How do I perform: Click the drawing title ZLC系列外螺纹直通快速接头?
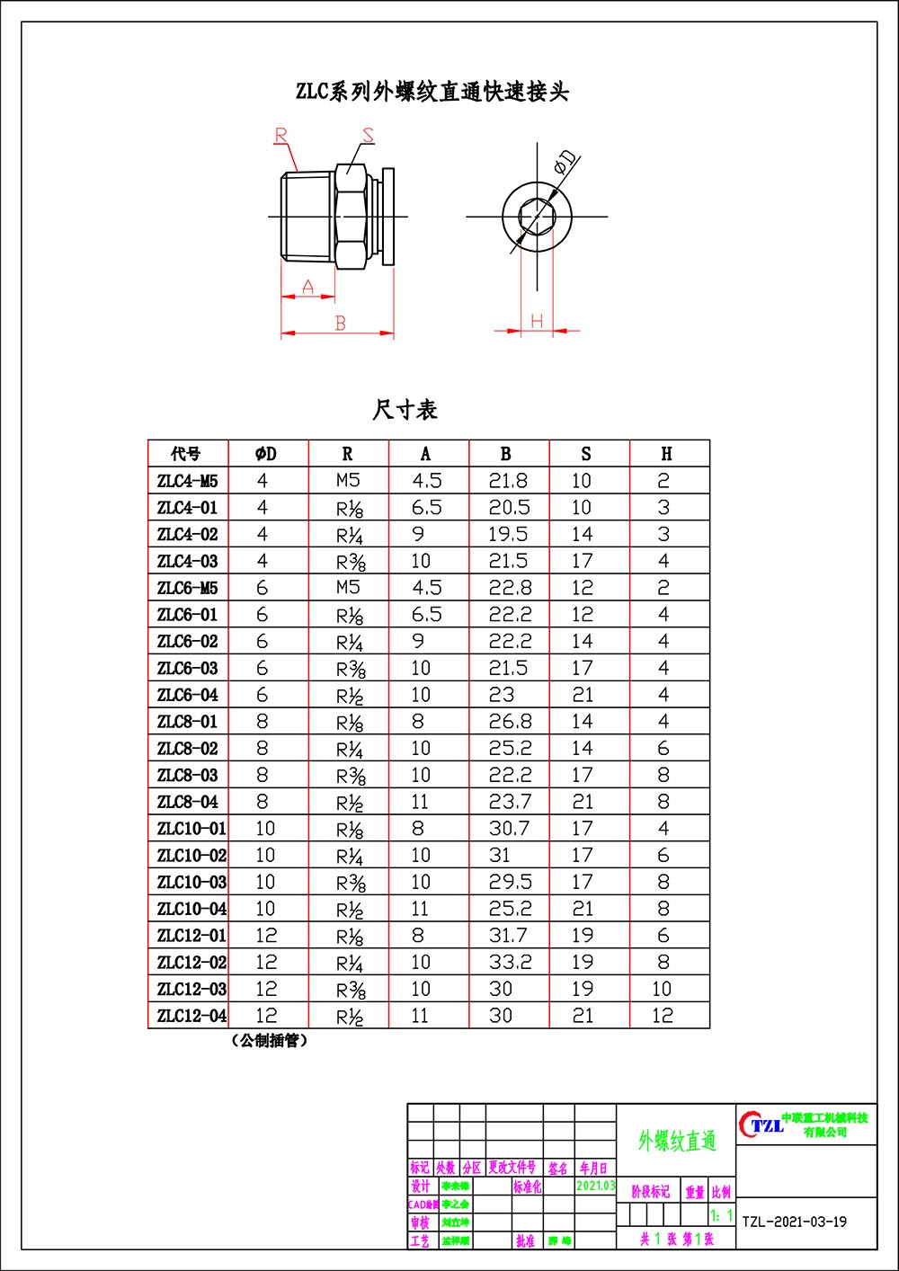pyautogui.click(x=432, y=92)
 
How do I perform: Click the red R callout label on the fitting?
pyautogui.click(x=281, y=136)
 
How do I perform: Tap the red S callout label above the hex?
pyautogui.click(x=368, y=135)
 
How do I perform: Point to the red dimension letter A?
pyautogui.click(x=308, y=287)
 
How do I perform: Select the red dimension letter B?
pyautogui.click(x=340, y=323)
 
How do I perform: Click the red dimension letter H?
pyautogui.click(x=537, y=321)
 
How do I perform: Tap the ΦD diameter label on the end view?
pyautogui.click(x=565, y=163)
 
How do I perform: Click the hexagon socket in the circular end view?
pyautogui.click(x=537, y=217)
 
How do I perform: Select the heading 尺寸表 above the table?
pyautogui.click(x=405, y=410)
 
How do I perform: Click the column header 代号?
pyautogui.click(x=187, y=454)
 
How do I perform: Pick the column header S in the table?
pyautogui.click(x=586, y=454)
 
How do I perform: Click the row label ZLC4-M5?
pyautogui.click(x=188, y=481)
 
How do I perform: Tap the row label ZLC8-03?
pyautogui.click(x=188, y=775)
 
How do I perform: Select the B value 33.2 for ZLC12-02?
pyautogui.click(x=510, y=962)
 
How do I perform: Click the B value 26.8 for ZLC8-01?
pyautogui.click(x=510, y=721)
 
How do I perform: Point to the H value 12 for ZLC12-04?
pyautogui.click(x=663, y=1016)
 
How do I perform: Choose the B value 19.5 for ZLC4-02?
pyautogui.click(x=508, y=534)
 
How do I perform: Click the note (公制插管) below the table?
pyautogui.click(x=270, y=1041)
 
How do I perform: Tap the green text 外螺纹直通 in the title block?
pyautogui.click(x=677, y=1142)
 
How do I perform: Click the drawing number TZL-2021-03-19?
pyautogui.click(x=795, y=1222)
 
